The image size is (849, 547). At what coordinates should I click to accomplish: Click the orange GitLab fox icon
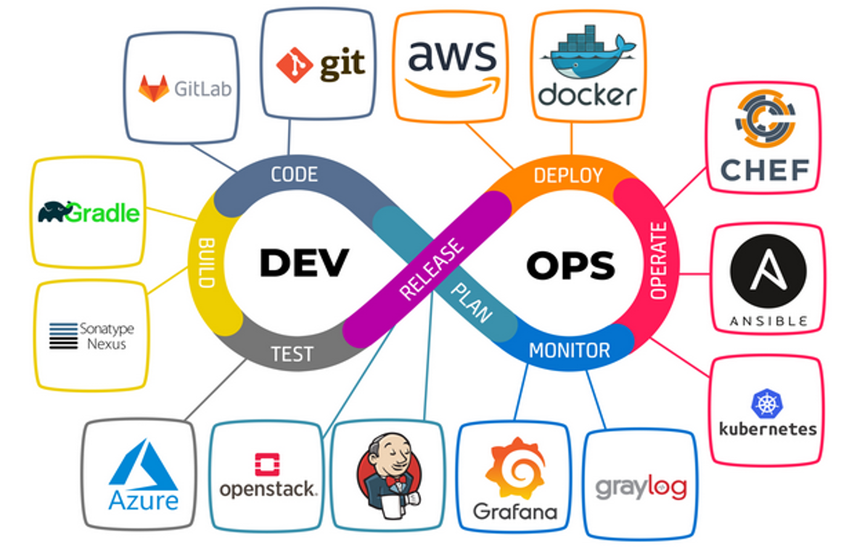[153, 88]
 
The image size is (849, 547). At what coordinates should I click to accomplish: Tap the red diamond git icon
[295, 64]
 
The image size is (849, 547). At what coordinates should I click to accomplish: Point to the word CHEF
[764, 170]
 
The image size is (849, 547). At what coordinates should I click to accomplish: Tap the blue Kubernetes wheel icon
[765, 404]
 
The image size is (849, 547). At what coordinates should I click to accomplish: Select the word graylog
[641, 487]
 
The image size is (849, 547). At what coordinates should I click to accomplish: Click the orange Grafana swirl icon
[514, 468]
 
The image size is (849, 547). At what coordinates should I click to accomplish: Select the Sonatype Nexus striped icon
[63, 336]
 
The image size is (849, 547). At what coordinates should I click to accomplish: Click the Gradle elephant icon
[56, 211]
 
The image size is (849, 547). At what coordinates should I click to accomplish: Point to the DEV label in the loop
[304, 263]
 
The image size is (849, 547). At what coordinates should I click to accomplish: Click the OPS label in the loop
[571, 266]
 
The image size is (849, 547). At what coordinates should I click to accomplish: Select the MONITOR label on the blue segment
[569, 351]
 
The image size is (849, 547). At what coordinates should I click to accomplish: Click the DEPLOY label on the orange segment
[568, 176]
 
